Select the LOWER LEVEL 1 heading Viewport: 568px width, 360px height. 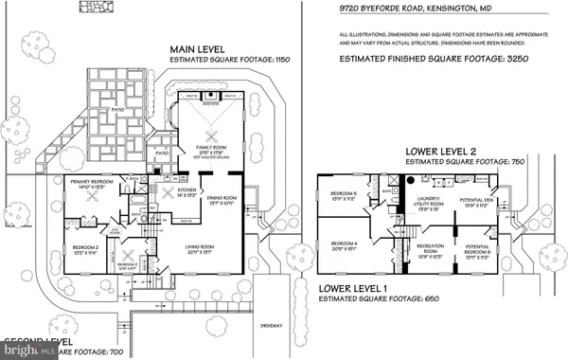357,287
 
